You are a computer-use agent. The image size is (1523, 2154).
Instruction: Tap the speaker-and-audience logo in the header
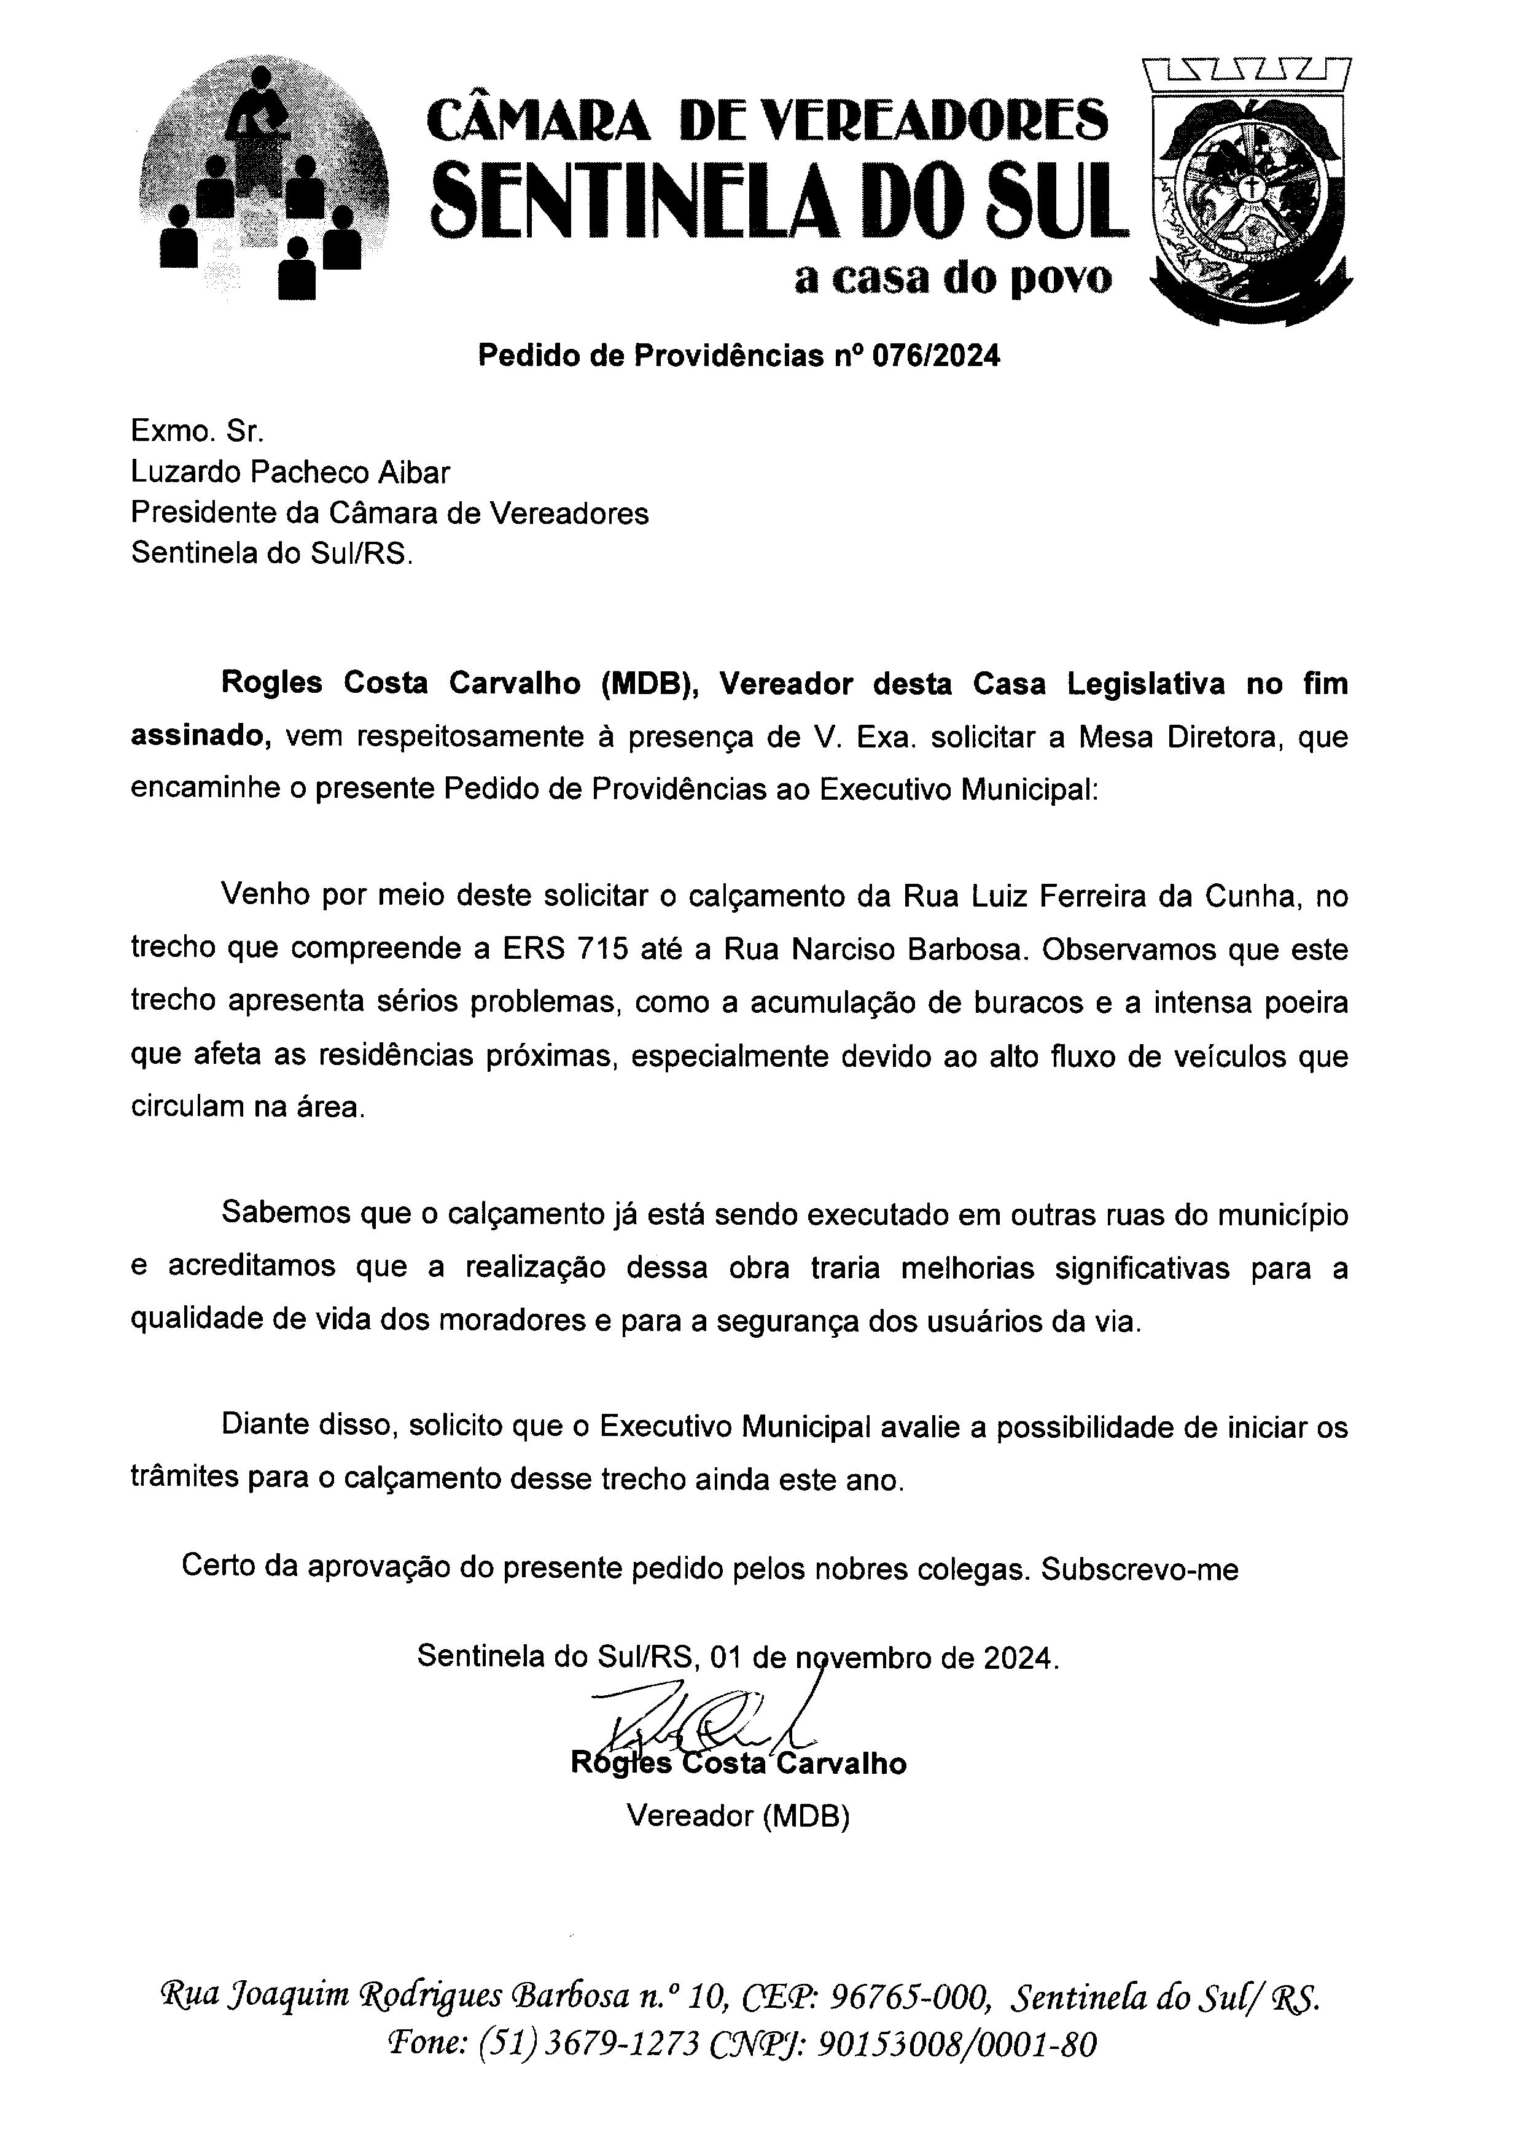[x=263, y=187]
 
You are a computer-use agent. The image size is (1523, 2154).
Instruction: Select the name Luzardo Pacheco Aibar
[x=290, y=472]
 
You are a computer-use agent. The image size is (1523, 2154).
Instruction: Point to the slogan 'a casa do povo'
[x=953, y=278]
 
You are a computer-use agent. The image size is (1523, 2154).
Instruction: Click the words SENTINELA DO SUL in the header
[x=776, y=199]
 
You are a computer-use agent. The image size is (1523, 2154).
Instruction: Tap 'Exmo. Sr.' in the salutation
[x=198, y=431]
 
